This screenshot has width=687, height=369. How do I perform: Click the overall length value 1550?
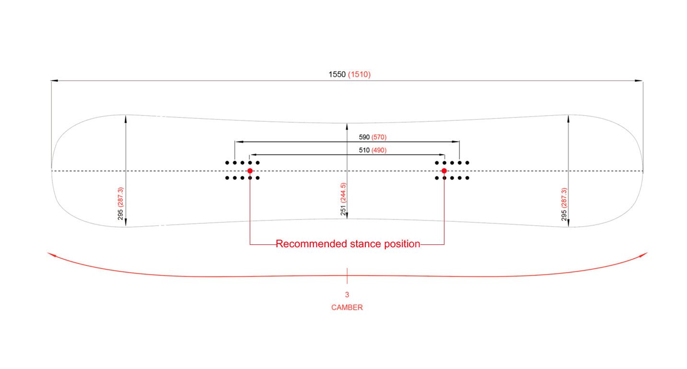pyautogui.click(x=337, y=74)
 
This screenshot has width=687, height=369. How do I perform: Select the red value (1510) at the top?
pyautogui.click(x=359, y=74)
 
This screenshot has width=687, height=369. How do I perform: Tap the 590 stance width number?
pyautogui.click(x=364, y=137)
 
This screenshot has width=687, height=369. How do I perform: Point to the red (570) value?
pyautogui.click(x=379, y=137)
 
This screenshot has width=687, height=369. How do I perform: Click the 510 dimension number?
pyautogui.click(x=364, y=150)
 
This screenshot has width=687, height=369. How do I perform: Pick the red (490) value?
pyautogui.click(x=379, y=150)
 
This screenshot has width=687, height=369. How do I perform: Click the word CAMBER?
pyautogui.click(x=347, y=308)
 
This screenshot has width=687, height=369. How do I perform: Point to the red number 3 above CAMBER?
pyautogui.click(x=347, y=295)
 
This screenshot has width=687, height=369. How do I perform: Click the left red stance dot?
pyautogui.click(x=250, y=171)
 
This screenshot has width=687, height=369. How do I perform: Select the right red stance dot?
pyautogui.click(x=444, y=171)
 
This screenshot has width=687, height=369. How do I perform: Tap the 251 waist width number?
pyautogui.click(x=343, y=210)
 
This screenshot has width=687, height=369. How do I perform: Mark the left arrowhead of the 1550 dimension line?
pyautogui.click(x=54, y=81)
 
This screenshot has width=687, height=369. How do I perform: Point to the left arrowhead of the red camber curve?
pyautogui.click(x=50, y=255)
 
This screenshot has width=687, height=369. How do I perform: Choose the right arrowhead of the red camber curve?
pyautogui.click(x=645, y=255)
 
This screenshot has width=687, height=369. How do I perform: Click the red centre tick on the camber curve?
pyautogui.click(x=347, y=276)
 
